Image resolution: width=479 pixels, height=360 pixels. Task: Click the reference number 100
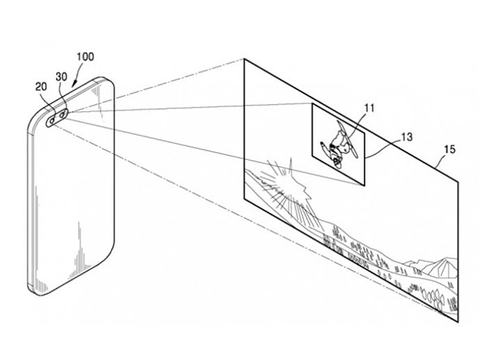(x=85, y=57)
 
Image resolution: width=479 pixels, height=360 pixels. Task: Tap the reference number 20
(x=41, y=87)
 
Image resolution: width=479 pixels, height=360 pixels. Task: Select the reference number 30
(x=62, y=76)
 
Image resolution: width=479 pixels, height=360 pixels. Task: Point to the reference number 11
(x=369, y=108)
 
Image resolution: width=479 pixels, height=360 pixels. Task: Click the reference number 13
(x=407, y=137)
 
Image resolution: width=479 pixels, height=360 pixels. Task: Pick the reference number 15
(x=450, y=150)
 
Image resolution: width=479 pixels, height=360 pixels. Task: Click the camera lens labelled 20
(x=52, y=121)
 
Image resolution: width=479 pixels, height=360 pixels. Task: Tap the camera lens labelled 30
(x=63, y=115)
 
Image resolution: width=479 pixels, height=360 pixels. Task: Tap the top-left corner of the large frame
(x=244, y=59)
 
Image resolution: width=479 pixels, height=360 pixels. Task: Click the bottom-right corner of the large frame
(x=458, y=322)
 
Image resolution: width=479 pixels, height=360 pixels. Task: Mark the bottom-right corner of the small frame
(x=365, y=185)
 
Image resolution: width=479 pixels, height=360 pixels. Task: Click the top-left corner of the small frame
(x=312, y=103)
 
